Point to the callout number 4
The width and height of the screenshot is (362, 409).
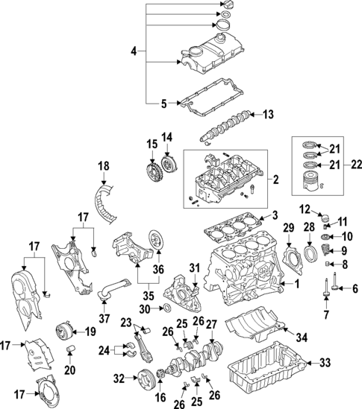pos(134,51)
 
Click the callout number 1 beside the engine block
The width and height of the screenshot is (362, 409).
pos(296,284)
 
